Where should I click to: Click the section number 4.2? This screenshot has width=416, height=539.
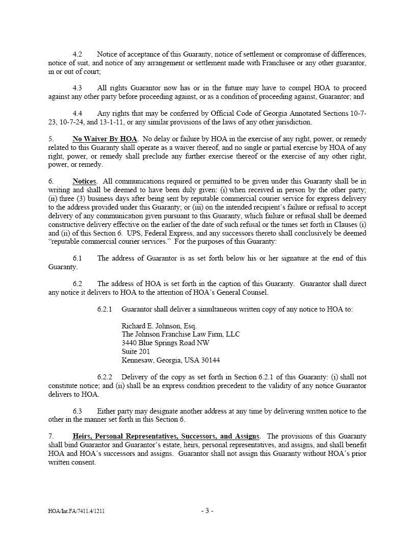(77, 54)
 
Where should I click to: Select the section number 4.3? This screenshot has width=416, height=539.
(77, 88)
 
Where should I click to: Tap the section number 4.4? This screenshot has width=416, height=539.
(77, 114)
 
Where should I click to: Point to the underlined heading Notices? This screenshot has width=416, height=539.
(84, 182)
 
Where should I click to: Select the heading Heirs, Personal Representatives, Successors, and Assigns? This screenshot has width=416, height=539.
(166, 437)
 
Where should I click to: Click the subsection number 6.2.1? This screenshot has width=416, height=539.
(105, 309)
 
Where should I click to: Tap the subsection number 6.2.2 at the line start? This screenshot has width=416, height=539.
(105, 377)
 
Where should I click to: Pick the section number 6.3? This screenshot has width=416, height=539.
(77, 411)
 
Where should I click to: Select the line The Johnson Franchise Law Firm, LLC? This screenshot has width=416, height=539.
(180, 335)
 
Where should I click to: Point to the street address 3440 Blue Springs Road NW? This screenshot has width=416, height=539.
(165, 343)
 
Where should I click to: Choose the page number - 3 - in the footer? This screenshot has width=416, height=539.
(207, 510)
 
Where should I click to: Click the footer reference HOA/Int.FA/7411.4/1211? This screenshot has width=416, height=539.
(77, 511)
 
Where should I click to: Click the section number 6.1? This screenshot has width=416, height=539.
(77, 258)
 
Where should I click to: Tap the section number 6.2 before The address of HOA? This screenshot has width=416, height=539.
(77, 284)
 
